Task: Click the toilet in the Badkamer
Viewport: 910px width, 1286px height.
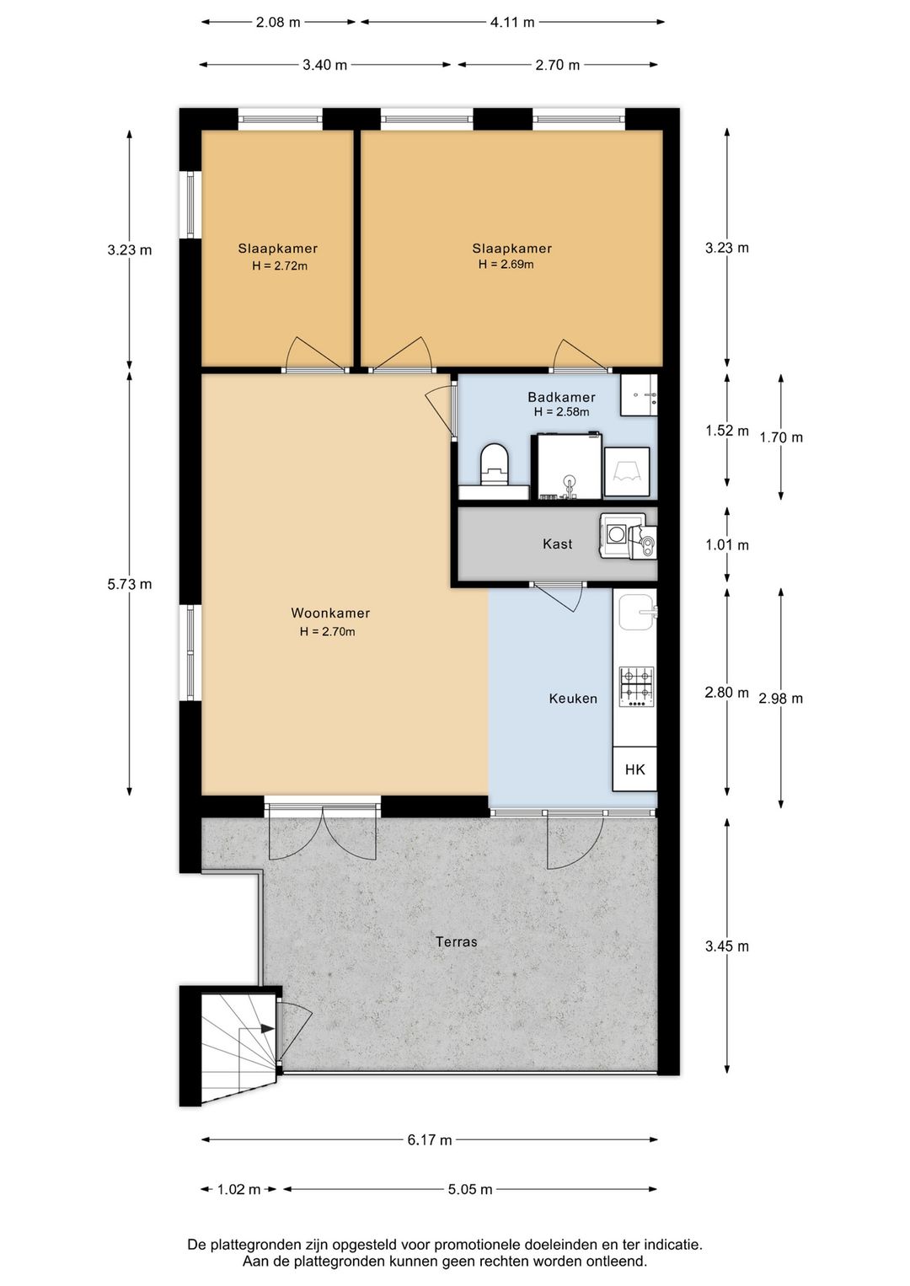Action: [495, 463]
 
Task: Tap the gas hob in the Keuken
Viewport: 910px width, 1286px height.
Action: [636, 687]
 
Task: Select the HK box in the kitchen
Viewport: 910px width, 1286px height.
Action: [634, 769]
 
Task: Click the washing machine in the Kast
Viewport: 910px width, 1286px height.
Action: [615, 535]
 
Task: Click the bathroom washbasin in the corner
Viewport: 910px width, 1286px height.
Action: [639, 395]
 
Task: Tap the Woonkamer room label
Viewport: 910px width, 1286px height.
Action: [330, 613]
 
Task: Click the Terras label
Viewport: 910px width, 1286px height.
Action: [457, 941]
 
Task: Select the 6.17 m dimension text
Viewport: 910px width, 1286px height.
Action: [430, 1139]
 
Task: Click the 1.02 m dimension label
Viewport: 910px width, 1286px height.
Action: [238, 1189]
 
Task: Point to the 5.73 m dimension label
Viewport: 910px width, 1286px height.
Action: [130, 584]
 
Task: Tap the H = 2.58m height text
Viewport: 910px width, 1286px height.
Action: [561, 411]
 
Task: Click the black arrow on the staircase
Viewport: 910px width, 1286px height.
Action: [266, 1028]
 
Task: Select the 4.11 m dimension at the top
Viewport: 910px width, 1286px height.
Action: [512, 23]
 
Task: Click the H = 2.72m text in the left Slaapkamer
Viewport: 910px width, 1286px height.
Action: [280, 265]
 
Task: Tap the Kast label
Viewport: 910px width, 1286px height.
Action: [558, 544]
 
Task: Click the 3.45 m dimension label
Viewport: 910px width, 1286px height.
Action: [727, 946]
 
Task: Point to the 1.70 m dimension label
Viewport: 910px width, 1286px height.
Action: [781, 437]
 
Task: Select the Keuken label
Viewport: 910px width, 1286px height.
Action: [573, 699]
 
